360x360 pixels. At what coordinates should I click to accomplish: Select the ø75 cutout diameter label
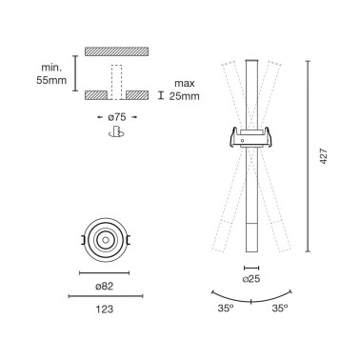coord(117,116)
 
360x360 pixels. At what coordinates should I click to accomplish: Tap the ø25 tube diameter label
coord(252,280)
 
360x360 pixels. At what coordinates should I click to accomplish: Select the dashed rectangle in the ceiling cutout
coord(117,81)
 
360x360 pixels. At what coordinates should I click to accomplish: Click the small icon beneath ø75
coord(117,132)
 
